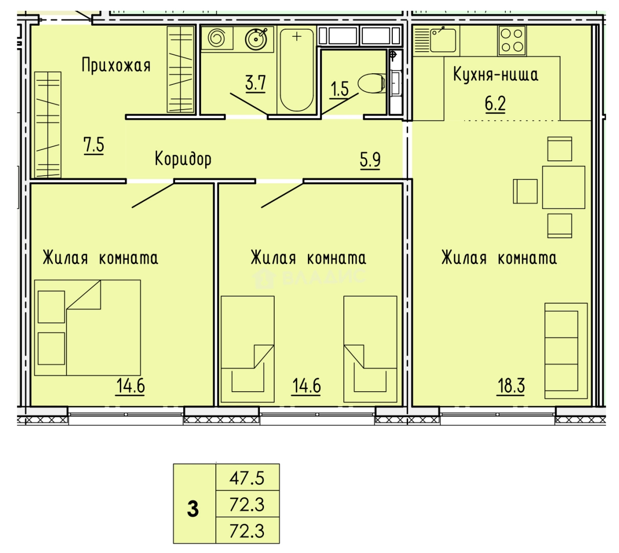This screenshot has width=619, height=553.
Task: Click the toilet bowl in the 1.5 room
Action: point(371,83)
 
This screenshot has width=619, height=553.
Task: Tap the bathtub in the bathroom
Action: point(296,70)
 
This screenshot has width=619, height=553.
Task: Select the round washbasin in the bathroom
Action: point(256,39)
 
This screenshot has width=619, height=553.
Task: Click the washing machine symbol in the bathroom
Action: point(216,38)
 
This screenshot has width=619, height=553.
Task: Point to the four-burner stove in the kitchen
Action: point(512,40)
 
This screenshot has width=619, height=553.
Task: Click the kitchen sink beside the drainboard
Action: point(443,40)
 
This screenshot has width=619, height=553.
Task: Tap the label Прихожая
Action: point(116,66)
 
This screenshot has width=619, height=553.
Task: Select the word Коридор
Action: point(183,159)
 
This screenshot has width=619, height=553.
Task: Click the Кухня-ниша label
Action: point(495,74)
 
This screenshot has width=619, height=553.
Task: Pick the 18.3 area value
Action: point(511,386)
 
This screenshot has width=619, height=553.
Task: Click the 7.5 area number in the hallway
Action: point(94,145)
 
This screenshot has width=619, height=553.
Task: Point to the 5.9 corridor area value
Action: point(370,160)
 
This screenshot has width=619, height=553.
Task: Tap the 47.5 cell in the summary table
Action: point(247,478)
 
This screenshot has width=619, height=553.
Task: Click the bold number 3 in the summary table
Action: point(193,509)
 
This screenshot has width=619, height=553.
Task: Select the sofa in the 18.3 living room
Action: point(566,351)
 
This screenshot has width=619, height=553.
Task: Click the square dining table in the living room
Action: point(563,187)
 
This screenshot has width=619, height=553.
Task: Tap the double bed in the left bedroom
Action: point(87,328)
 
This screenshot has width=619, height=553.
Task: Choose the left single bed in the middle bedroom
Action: point(248,349)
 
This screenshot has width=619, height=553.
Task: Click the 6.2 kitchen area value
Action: point(495,103)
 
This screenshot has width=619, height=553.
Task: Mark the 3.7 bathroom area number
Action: point(255,83)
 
